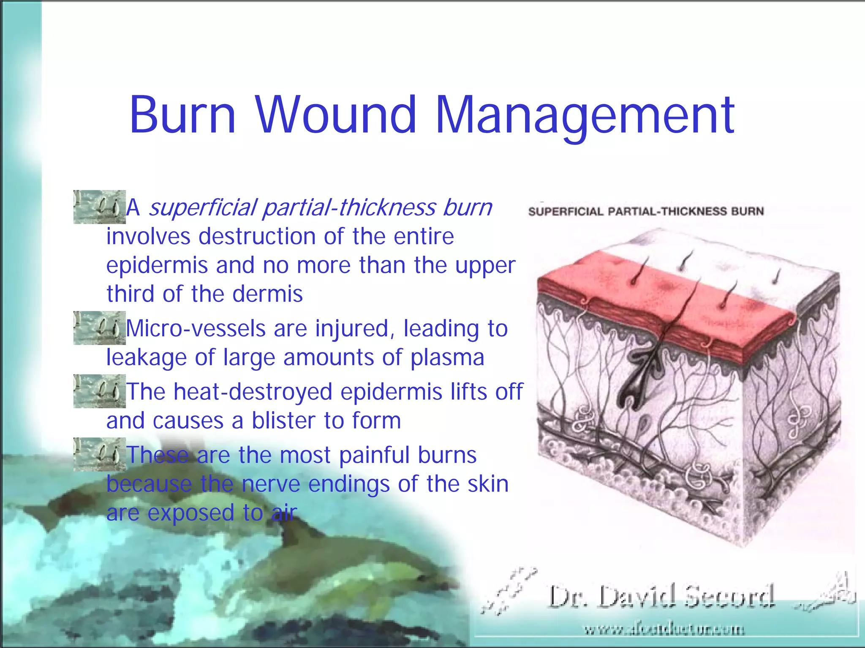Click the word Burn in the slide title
[x=182, y=115]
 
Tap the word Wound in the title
[x=336, y=115]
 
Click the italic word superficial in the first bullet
[x=203, y=208]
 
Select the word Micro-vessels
[x=196, y=329]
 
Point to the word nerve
[x=271, y=484]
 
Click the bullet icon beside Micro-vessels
[x=99, y=328]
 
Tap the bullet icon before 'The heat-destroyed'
[x=99, y=391]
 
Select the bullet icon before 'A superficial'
[x=99, y=207]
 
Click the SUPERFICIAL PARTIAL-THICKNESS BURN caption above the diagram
[x=646, y=211]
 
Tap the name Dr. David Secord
[x=661, y=597]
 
